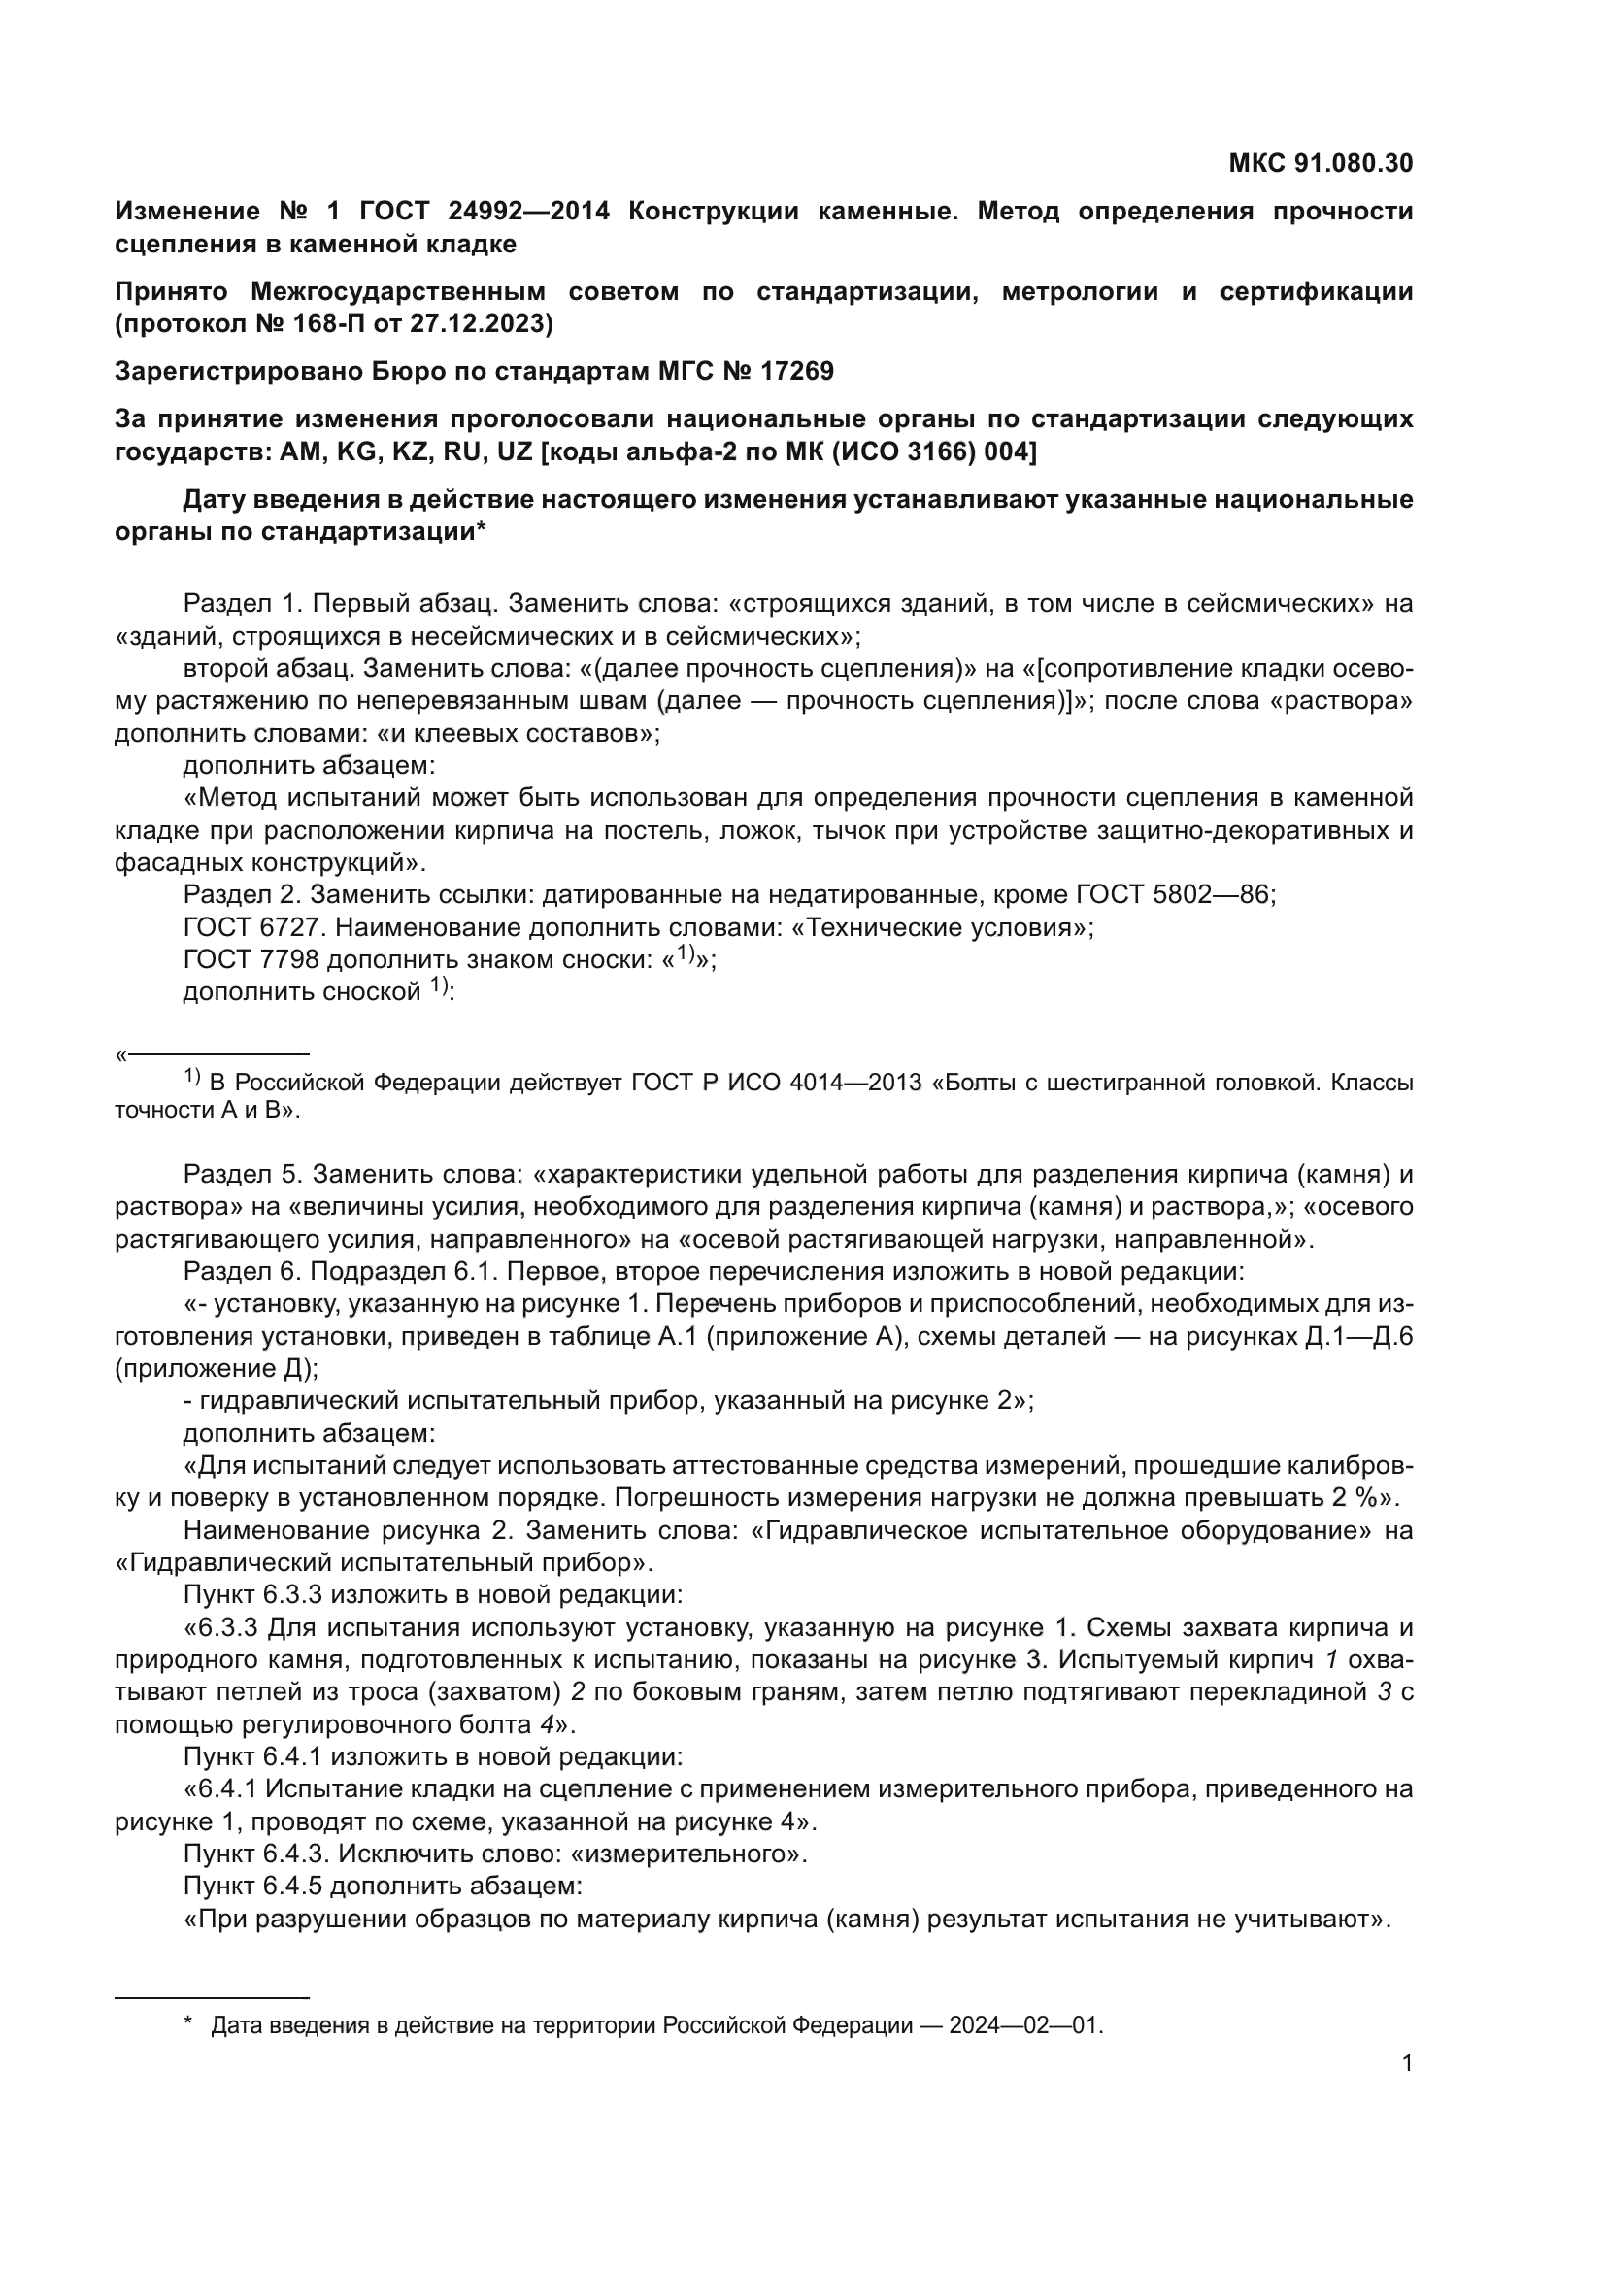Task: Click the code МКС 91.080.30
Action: click(x=1321, y=163)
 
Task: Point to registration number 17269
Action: click(x=797, y=371)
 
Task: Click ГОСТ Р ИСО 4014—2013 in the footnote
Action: click(x=778, y=1084)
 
